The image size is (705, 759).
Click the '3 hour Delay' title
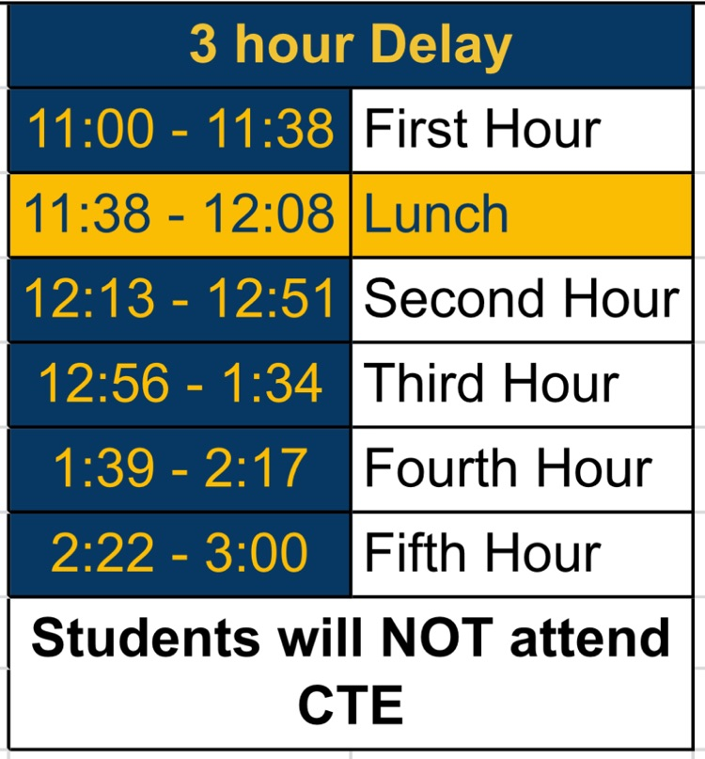point(351,44)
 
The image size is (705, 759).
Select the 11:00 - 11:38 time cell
point(180,129)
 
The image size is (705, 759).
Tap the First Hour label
point(481,129)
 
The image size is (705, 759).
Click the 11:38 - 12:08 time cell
point(180,213)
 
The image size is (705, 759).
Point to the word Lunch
point(436,213)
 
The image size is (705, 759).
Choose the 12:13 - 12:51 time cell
point(180,299)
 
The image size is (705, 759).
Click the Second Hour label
point(521,299)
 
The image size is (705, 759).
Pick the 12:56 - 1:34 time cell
point(180,384)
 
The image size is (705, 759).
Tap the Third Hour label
point(491,384)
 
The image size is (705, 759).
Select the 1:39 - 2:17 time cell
point(180,468)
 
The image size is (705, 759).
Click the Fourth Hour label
point(508,468)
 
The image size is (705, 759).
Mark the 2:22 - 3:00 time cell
point(180,553)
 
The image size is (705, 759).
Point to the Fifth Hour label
point(481,553)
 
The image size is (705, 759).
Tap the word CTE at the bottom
point(351,703)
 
